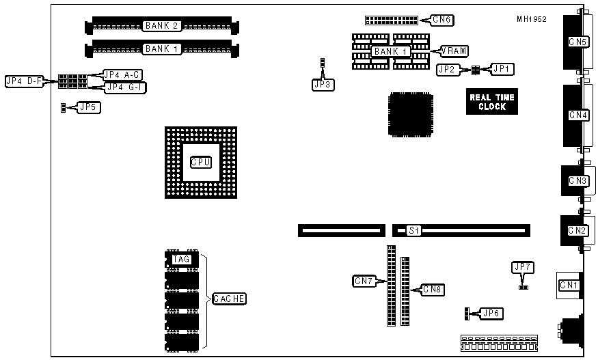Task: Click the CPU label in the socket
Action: coord(200,162)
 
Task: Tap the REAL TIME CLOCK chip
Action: coord(492,102)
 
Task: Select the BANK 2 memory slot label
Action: coord(161,26)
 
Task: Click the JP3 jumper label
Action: coord(321,85)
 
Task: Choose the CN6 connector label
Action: coord(441,19)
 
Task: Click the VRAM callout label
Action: coord(454,51)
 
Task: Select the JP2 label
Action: coord(447,69)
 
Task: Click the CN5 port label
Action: coord(577,42)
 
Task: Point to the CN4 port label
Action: coord(577,115)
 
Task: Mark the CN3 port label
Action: coord(577,181)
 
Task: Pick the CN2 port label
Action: coord(577,230)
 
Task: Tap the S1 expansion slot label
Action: coord(413,230)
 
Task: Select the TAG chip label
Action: coord(181,259)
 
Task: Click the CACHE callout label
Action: coord(229,299)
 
